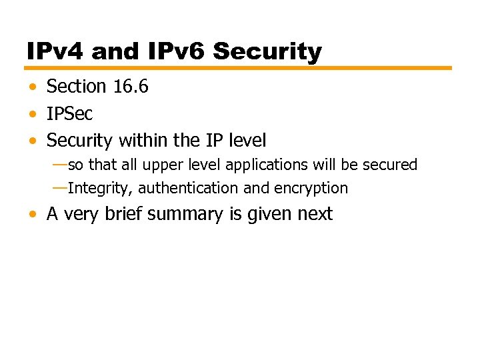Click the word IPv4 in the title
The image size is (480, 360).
55,51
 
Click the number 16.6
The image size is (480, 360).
130,87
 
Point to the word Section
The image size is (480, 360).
76,87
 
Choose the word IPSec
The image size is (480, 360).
69,114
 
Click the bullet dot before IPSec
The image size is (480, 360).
33,115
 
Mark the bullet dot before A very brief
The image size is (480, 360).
33,215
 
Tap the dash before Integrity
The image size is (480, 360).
59,188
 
